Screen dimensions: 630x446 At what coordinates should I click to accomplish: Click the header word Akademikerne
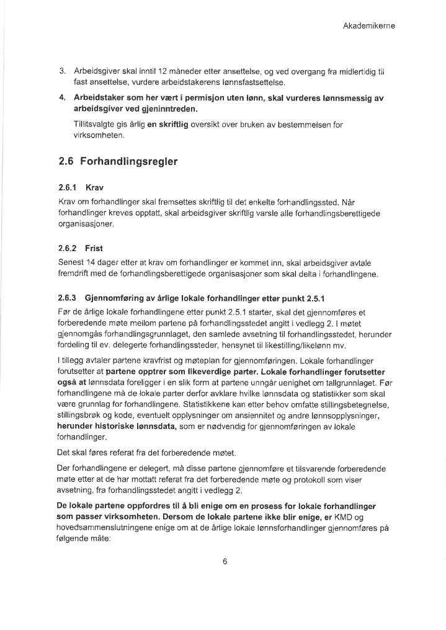tap(369, 26)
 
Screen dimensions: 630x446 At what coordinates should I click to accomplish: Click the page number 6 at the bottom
tap(225, 562)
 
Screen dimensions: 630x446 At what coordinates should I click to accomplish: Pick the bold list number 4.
tap(63, 98)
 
